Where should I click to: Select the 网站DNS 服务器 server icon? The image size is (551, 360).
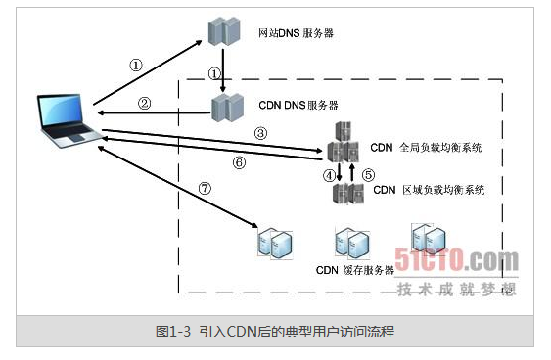click(223, 32)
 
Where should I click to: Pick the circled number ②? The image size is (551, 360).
click(144, 102)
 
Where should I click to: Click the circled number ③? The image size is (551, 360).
click(260, 131)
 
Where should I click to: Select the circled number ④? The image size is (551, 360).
click(328, 176)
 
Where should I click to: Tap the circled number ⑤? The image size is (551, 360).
click(367, 176)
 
